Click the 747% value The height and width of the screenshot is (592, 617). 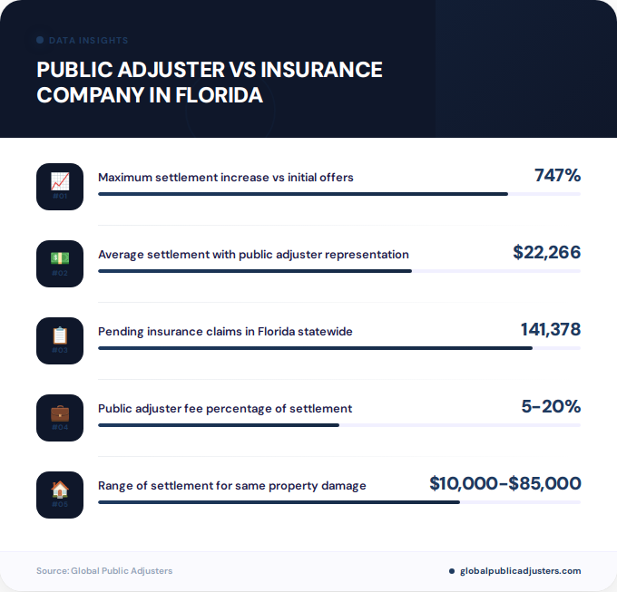coord(557,176)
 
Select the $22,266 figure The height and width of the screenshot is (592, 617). coord(546,253)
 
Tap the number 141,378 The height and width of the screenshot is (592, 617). coord(550,330)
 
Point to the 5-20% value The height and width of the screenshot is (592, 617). coord(551,407)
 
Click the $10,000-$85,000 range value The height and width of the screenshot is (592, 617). coord(504,484)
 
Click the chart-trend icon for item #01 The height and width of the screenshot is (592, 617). coord(60,181)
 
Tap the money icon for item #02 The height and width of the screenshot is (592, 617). coord(60,258)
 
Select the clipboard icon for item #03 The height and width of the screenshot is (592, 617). coord(60,335)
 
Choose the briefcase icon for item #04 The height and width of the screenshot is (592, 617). coord(60,412)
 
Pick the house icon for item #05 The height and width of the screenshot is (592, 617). coord(60,490)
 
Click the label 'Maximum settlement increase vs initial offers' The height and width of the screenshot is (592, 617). coord(225,178)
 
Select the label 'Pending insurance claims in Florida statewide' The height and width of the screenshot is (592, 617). coord(225,332)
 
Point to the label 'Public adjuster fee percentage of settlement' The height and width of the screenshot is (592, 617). coord(225,409)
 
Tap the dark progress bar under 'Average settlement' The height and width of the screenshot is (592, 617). coord(254,270)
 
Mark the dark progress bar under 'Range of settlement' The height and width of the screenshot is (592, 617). coord(279,501)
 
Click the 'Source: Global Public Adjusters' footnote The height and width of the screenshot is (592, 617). coord(104,571)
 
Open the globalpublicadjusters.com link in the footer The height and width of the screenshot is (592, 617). coord(520,571)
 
